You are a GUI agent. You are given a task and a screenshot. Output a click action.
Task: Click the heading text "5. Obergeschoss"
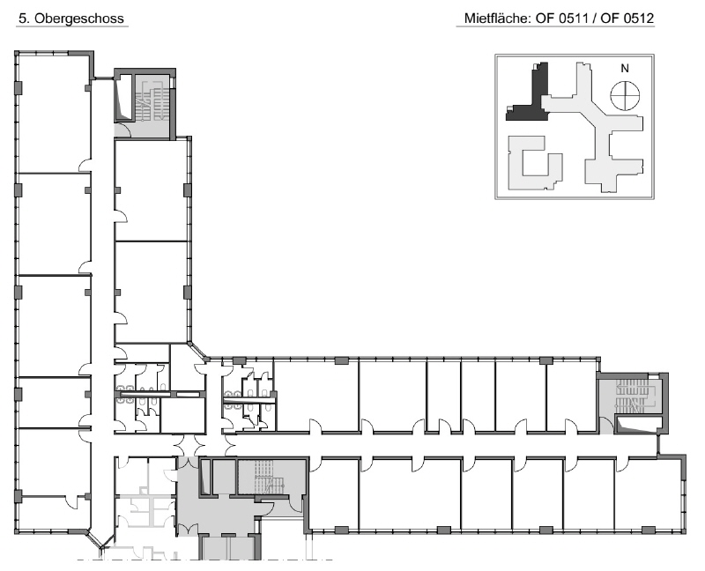point(71,19)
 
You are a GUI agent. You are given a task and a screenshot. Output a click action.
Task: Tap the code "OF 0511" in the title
point(561,19)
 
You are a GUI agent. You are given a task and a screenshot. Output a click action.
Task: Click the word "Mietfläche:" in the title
point(497,19)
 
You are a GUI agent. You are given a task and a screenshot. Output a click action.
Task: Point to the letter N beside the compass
point(625,69)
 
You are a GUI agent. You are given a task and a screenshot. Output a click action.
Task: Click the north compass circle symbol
point(625,95)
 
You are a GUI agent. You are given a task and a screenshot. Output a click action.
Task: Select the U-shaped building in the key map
point(535,163)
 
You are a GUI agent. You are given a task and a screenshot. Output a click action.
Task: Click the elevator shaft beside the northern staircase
point(124,97)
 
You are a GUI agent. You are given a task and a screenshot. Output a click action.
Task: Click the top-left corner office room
point(54,114)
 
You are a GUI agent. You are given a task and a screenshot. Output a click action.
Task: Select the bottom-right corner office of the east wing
point(649,493)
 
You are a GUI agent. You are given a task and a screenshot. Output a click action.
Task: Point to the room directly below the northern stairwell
point(151,190)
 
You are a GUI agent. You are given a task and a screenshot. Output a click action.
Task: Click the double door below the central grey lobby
point(186,530)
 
